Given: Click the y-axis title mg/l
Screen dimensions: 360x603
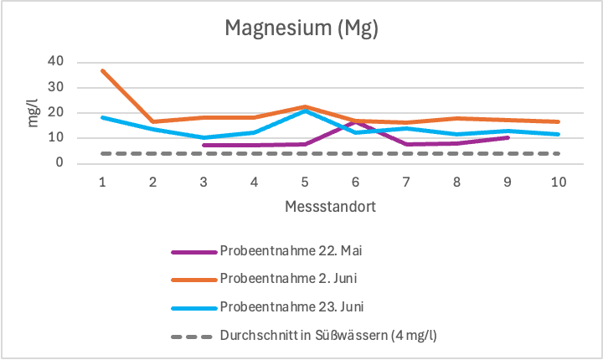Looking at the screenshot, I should (33, 113).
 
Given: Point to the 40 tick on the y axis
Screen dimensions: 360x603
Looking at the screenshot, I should (56, 61).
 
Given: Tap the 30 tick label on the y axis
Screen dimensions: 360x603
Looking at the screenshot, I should (56, 87).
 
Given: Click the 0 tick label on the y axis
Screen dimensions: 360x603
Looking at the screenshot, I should (60, 164).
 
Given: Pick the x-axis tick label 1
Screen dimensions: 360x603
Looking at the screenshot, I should (101, 182).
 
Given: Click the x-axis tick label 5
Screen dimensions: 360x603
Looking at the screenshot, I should (306, 182).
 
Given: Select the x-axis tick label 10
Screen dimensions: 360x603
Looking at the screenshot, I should (559, 182).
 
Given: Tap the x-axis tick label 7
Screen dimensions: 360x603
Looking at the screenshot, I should (407, 182).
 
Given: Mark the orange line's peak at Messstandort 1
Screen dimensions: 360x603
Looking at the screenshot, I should (102, 70).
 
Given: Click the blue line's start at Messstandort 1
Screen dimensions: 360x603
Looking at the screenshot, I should (102, 117).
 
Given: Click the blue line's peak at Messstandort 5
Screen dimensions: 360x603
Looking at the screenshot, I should (306, 111).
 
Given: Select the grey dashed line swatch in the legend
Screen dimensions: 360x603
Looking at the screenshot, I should (193, 335).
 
